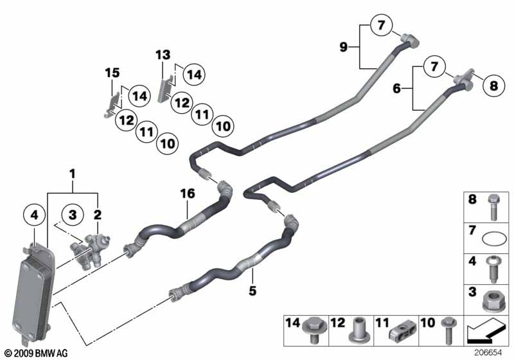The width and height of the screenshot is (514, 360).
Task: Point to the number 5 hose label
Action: pos(253,291)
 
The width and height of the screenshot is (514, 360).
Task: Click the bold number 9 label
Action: pos(344,46)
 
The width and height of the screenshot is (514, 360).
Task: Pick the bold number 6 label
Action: pos(396,88)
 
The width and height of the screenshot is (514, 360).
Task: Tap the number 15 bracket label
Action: pos(112,74)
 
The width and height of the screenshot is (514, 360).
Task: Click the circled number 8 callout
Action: pos(493,84)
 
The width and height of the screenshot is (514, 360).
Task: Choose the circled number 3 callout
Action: pos(73,214)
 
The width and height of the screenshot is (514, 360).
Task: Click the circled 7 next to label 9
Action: pos(380,26)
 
